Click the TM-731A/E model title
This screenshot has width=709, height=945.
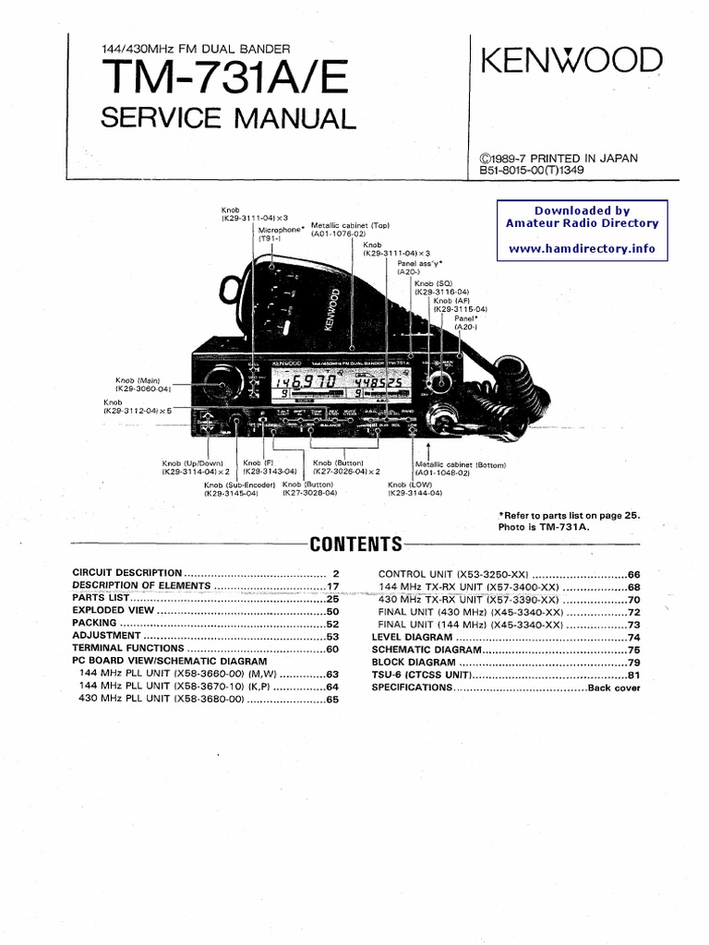pyautogui.click(x=224, y=79)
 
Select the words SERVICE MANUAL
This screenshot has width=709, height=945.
pyautogui.click(x=227, y=118)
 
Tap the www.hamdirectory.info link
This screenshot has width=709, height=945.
pyautogui.click(x=582, y=248)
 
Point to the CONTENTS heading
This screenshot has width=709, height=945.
pyautogui.click(x=355, y=544)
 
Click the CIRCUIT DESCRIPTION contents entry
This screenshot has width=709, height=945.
pyautogui.click(x=127, y=573)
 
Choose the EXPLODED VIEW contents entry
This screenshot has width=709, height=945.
pyautogui.click(x=113, y=611)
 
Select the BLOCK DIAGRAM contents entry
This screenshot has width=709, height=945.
pyautogui.click(x=414, y=663)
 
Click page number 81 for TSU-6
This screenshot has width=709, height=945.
pyautogui.click(x=633, y=676)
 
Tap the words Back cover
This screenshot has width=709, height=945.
pyautogui.click(x=614, y=688)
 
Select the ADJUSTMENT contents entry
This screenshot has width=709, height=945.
pyautogui.click(x=107, y=637)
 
